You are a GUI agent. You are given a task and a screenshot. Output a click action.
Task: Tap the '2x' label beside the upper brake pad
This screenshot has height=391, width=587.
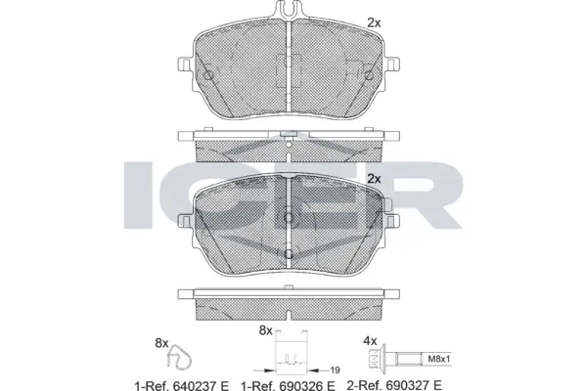coord(373,22)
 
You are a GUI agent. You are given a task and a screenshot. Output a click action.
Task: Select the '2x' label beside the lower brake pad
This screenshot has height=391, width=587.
coord(373,178)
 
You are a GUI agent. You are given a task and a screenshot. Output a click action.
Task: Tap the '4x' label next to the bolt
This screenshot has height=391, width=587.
coord(369,342)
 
